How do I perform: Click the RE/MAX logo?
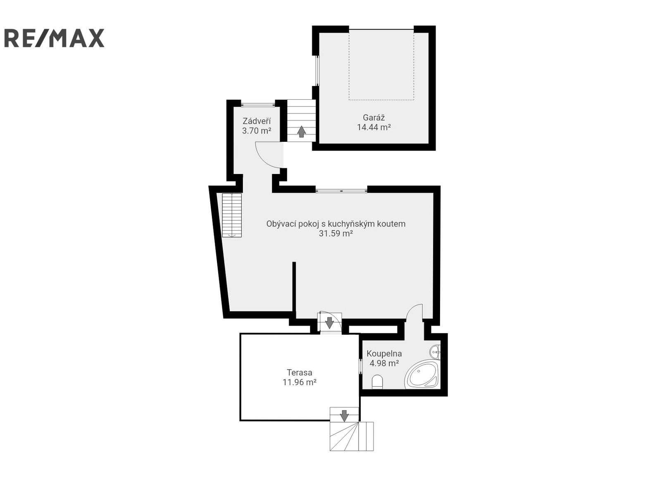(54, 38)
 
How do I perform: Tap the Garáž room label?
(374, 117)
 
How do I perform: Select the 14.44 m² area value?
(374, 127)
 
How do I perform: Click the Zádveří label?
(257, 121)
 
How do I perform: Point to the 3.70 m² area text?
(257, 131)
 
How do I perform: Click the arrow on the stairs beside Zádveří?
(302, 131)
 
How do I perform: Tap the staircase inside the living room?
(232, 215)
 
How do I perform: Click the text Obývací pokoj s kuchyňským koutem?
(336, 224)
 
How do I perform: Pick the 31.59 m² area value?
(336, 234)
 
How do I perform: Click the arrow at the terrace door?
(329, 322)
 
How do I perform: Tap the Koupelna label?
(384, 353)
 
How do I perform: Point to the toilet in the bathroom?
(377, 382)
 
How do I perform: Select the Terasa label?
(300, 372)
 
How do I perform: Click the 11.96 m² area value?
(300, 382)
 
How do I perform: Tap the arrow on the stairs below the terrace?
(344, 415)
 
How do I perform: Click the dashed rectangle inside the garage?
(381, 64)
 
